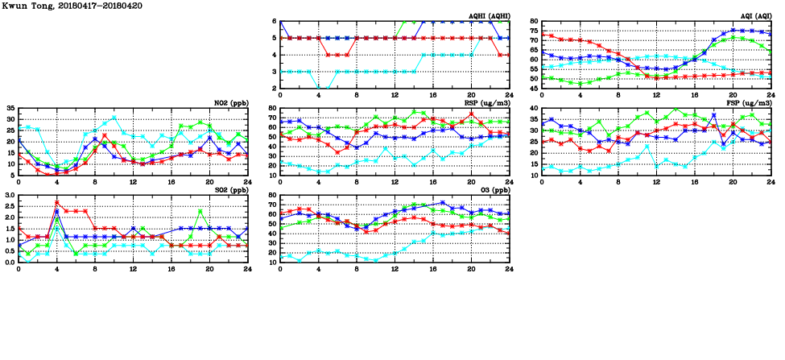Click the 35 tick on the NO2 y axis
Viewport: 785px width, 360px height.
10,108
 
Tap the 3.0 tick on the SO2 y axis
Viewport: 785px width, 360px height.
9,195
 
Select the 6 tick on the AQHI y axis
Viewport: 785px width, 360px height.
275,21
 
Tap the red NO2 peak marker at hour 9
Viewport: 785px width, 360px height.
105,135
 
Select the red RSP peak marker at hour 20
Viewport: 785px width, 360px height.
472,114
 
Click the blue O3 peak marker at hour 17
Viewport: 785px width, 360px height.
443,203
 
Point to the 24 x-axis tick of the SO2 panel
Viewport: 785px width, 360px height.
248,268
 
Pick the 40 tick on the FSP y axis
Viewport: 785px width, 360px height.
534,108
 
